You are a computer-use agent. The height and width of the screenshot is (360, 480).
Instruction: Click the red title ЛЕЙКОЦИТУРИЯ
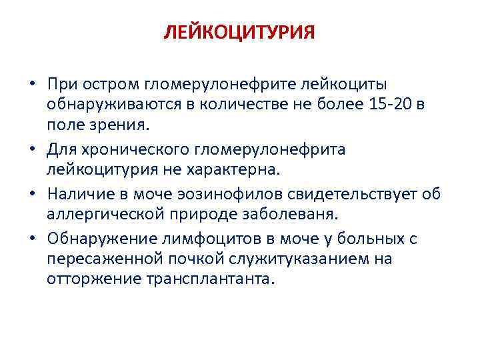239,33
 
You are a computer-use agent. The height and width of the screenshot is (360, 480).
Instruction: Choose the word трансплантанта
207,279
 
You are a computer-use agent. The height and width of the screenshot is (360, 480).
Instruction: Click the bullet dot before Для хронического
32,149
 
